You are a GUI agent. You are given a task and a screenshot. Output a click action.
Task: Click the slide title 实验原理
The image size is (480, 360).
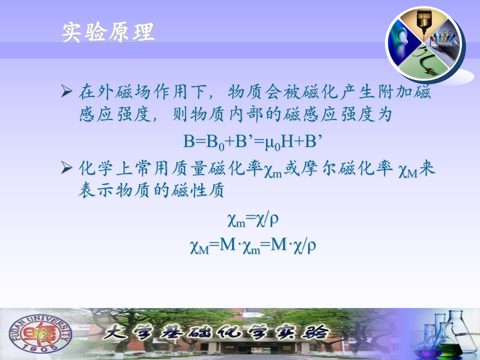click(x=108, y=32)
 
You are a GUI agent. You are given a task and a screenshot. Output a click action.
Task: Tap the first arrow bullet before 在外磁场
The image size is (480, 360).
click(x=66, y=91)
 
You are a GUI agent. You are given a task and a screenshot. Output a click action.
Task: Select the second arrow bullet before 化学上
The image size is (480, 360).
click(x=66, y=168)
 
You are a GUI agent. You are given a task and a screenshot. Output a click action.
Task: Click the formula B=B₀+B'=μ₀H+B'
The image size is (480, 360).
click(x=253, y=142)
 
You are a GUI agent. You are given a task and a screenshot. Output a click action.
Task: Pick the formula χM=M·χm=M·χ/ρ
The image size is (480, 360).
click(x=253, y=246)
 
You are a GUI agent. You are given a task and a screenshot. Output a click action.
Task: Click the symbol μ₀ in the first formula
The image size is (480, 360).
click(x=273, y=143)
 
